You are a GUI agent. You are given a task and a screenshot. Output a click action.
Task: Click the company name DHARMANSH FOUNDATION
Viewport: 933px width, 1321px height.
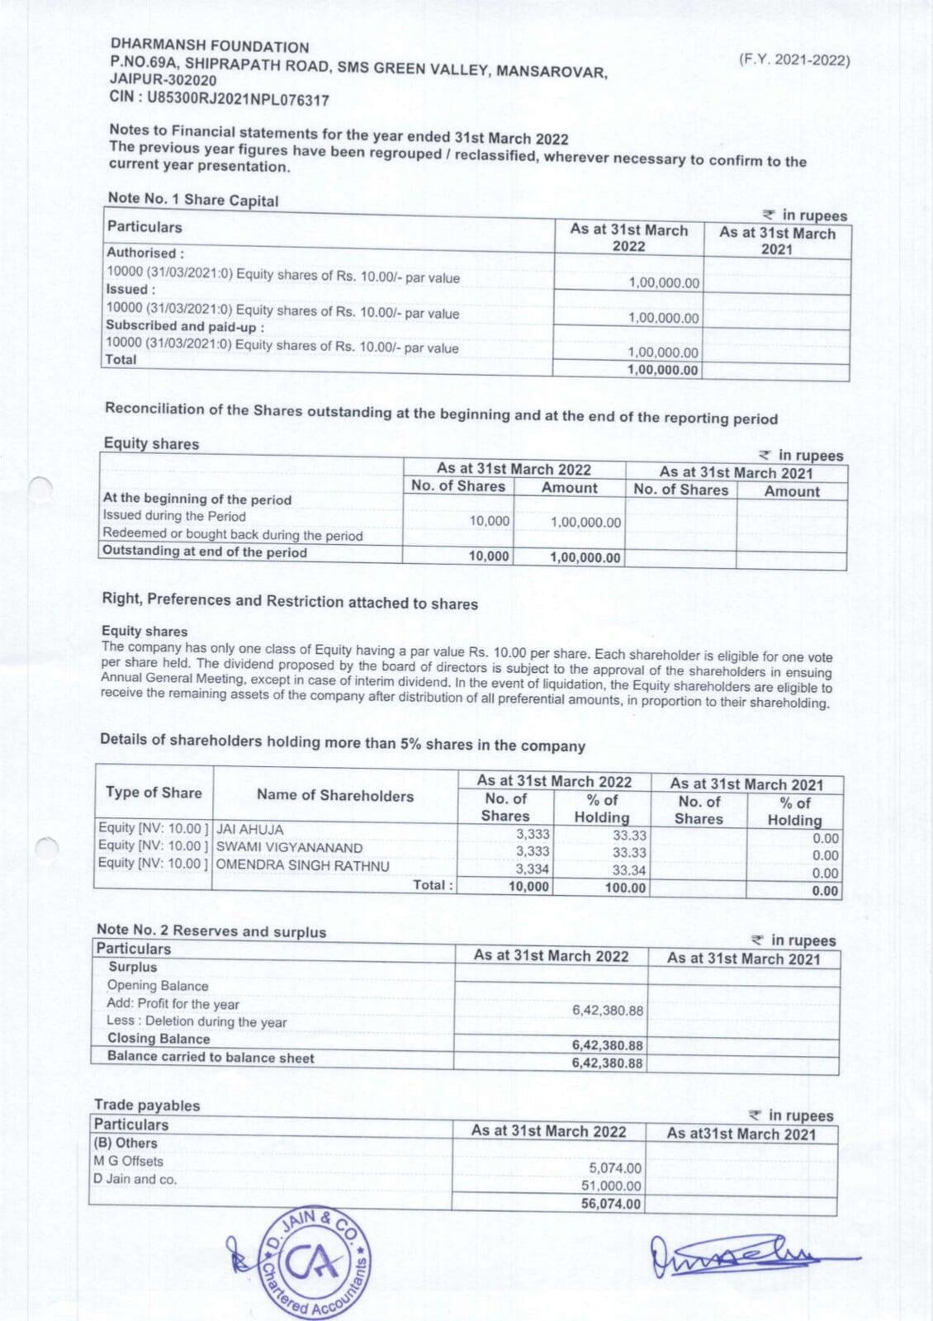(x=210, y=47)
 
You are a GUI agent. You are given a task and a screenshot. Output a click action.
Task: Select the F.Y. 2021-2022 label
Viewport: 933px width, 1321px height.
(x=793, y=60)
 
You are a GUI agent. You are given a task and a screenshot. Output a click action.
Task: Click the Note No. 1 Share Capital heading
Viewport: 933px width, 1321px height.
(x=193, y=200)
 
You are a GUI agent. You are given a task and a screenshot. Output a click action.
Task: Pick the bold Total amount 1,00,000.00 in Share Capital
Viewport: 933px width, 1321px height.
(x=662, y=370)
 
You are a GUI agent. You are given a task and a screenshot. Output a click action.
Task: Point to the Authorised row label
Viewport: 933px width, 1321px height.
(x=145, y=253)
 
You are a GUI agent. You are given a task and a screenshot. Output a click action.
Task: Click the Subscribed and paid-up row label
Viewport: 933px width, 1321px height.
(x=185, y=325)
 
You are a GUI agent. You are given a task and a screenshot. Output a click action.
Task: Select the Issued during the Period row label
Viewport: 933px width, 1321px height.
(x=174, y=516)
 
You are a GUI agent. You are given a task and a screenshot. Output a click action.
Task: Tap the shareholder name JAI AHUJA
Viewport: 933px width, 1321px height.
(x=249, y=829)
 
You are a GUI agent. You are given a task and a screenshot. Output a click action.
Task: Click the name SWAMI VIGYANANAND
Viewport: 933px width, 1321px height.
(x=289, y=847)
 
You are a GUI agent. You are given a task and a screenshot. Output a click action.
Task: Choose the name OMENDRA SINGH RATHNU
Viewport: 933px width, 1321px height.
(x=302, y=865)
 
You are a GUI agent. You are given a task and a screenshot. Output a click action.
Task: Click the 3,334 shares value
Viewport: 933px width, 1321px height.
(x=533, y=869)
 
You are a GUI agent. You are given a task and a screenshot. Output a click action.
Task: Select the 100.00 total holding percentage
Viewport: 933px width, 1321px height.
(x=625, y=888)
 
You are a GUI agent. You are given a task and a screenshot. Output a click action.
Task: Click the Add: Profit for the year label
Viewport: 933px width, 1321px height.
(x=173, y=1004)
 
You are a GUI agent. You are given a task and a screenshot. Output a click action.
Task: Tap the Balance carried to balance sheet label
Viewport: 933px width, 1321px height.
(x=211, y=1057)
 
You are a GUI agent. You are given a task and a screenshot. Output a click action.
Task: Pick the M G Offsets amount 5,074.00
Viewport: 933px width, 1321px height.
(x=615, y=1168)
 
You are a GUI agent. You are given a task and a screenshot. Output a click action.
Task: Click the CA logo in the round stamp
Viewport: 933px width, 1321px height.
(x=310, y=1264)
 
